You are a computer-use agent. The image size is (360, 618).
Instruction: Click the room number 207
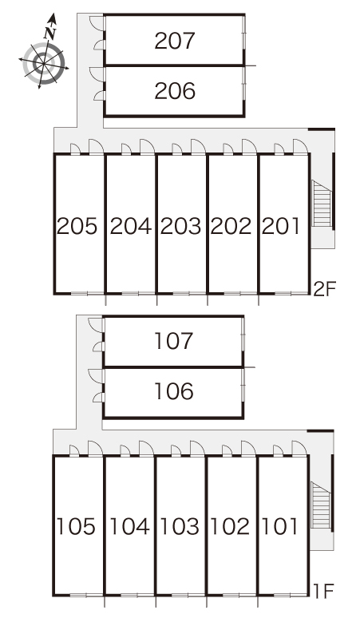click(175, 41)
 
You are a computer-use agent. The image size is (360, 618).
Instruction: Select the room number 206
click(175, 91)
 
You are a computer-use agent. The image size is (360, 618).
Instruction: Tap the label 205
click(77, 226)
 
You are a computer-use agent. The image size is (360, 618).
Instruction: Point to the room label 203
click(180, 226)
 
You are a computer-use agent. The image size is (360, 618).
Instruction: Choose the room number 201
click(280, 226)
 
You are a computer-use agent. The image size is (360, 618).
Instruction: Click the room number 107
click(173, 341)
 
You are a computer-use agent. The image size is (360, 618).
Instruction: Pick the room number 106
click(173, 391)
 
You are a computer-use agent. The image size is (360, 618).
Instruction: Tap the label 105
click(76, 526)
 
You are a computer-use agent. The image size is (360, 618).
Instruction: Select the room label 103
click(180, 526)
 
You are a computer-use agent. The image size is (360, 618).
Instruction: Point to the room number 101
click(279, 526)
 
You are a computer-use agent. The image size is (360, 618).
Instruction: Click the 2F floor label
click(324, 289)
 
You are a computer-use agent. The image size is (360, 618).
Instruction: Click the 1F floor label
click(324, 591)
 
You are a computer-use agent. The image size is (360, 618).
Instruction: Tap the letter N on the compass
click(49, 34)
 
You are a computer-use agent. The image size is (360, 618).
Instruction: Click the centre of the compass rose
click(43, 62)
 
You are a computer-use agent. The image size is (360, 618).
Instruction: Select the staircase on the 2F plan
click(322, 204)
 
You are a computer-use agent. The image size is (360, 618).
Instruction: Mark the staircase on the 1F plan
click(321, 505)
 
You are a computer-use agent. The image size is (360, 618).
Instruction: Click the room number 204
click(130, 226)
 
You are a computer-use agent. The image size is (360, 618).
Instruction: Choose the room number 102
click(230, 526)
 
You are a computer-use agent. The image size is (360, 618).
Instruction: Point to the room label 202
click(231, 226)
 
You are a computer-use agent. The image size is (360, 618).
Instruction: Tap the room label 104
click(129, 526)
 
